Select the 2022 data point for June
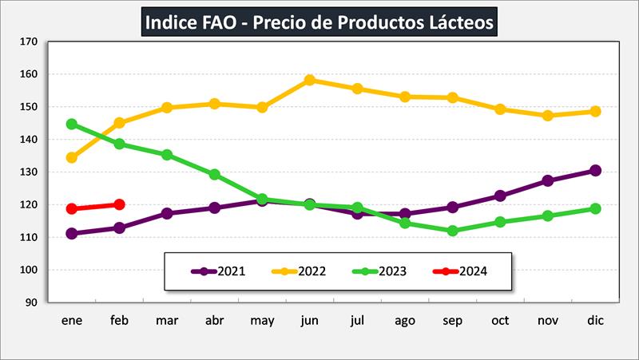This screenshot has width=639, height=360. (310, 80)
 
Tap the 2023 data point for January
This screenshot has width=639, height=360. (72, 125)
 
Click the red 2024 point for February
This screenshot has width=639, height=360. (120, 204)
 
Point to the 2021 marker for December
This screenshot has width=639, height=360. (595, 170)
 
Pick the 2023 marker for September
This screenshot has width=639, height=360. (453, 231)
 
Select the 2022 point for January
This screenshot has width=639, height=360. (72, 157)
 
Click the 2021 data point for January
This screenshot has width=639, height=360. (72, 234)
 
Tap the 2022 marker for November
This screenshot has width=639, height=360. (548, 116)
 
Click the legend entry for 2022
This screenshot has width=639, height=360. (299, 271)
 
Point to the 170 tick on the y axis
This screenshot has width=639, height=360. (29, 42)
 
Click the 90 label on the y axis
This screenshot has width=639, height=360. (31, 303)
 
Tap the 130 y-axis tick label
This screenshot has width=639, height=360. (29, 172)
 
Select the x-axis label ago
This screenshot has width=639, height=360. (405, 320)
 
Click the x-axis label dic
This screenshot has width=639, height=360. (595, 320)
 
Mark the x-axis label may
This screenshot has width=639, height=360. (262, 321)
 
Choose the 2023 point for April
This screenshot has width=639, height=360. (215, 174)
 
